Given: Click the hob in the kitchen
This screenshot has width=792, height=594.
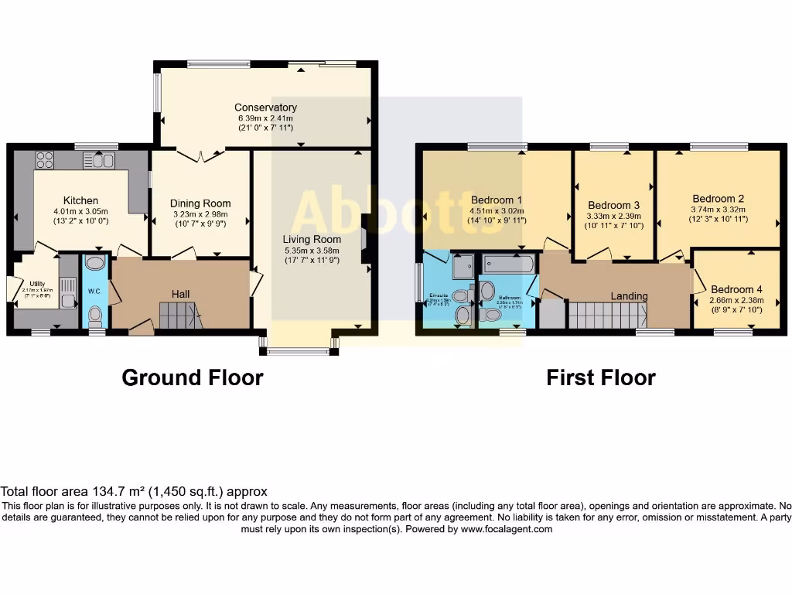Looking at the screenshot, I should point(45,160).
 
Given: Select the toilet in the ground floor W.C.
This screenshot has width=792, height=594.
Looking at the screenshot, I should point(95,315).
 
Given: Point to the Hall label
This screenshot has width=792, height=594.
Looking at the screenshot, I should point(181,294).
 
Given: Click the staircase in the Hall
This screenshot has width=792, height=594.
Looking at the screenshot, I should point(179,316).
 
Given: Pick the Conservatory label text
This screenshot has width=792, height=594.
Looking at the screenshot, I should point(265,108).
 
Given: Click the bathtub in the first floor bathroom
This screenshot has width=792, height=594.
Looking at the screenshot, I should point(507,265).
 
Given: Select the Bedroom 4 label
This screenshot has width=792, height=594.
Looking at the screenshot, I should point(736,289).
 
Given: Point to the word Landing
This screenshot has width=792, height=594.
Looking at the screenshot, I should point(629,295).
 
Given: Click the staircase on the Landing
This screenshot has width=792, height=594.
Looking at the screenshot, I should point(608,316).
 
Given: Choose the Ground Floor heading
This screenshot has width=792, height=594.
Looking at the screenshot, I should point(193,377).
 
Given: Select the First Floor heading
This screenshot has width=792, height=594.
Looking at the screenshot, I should point(600,377).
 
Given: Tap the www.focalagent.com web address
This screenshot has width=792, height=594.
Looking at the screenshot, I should point(507,529).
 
